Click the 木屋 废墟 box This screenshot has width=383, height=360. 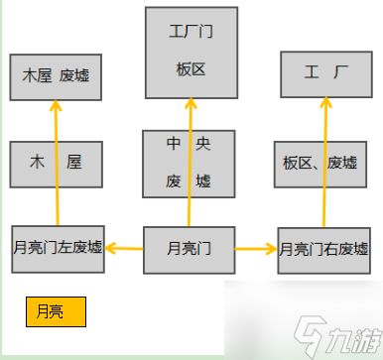(56, 76)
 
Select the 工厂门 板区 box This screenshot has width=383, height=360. (191, 52)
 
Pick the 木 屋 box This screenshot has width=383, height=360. (56, 164)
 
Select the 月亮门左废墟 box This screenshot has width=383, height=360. (57, 247)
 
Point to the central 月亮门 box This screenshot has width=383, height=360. (191, 248)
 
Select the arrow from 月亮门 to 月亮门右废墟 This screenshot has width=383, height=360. (257, 248)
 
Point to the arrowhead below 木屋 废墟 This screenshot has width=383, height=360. (56, 108)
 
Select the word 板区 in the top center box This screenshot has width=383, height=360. (191, 70)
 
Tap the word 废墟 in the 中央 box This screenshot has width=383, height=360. (190, 180)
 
